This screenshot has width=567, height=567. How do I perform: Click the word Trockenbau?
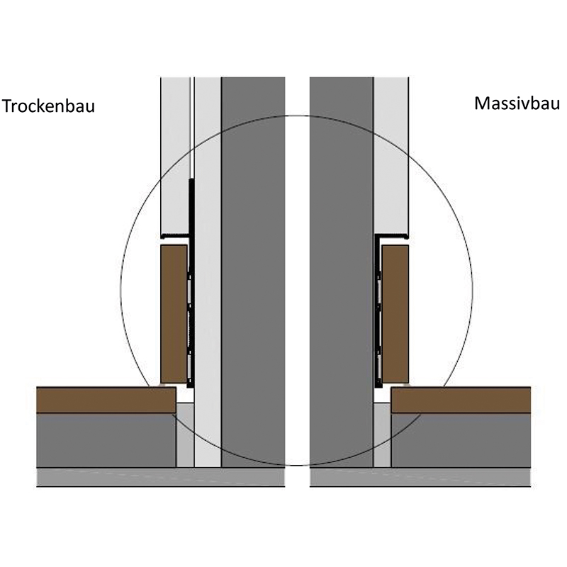pyautogui.click(x=48, y=106)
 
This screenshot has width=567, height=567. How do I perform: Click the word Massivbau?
pyautogui.click(x=517, y=103)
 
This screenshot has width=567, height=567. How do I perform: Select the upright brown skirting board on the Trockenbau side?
pyautogui.click(x=174, y=314)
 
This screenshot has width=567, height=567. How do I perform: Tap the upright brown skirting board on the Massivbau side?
pyautogui.click(x=395, y=314)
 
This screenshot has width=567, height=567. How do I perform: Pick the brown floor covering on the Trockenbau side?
pyautogui.click(x=106, y=400)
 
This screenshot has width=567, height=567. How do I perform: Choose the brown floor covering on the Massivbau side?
pyautogui.click(x=461, y=400)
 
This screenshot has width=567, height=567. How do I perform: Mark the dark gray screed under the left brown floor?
pyautogui.click(x=106, y=440)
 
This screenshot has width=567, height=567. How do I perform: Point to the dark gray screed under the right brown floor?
pyautogui.click(x=461, y=440)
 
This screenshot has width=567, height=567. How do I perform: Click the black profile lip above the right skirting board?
pyautogui.click(x=392, y=233)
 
